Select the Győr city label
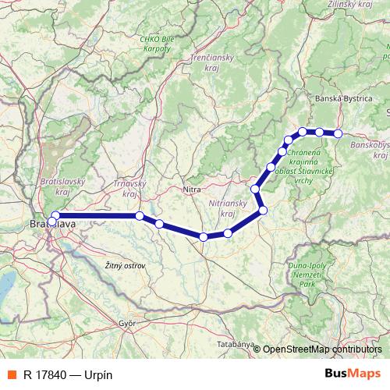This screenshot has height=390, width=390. tap(127, 322)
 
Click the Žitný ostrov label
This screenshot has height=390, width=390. tap(125, 266)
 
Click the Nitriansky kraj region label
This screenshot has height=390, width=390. tap(228, 208)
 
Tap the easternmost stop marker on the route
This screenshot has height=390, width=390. tap(338, 133)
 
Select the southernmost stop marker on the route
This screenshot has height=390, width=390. tap(203, 237)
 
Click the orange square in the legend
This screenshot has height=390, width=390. tap(11, 374)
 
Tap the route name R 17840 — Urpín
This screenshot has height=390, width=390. tap(69, 374)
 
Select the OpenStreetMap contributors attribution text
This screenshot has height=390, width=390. tap(323, 349)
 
